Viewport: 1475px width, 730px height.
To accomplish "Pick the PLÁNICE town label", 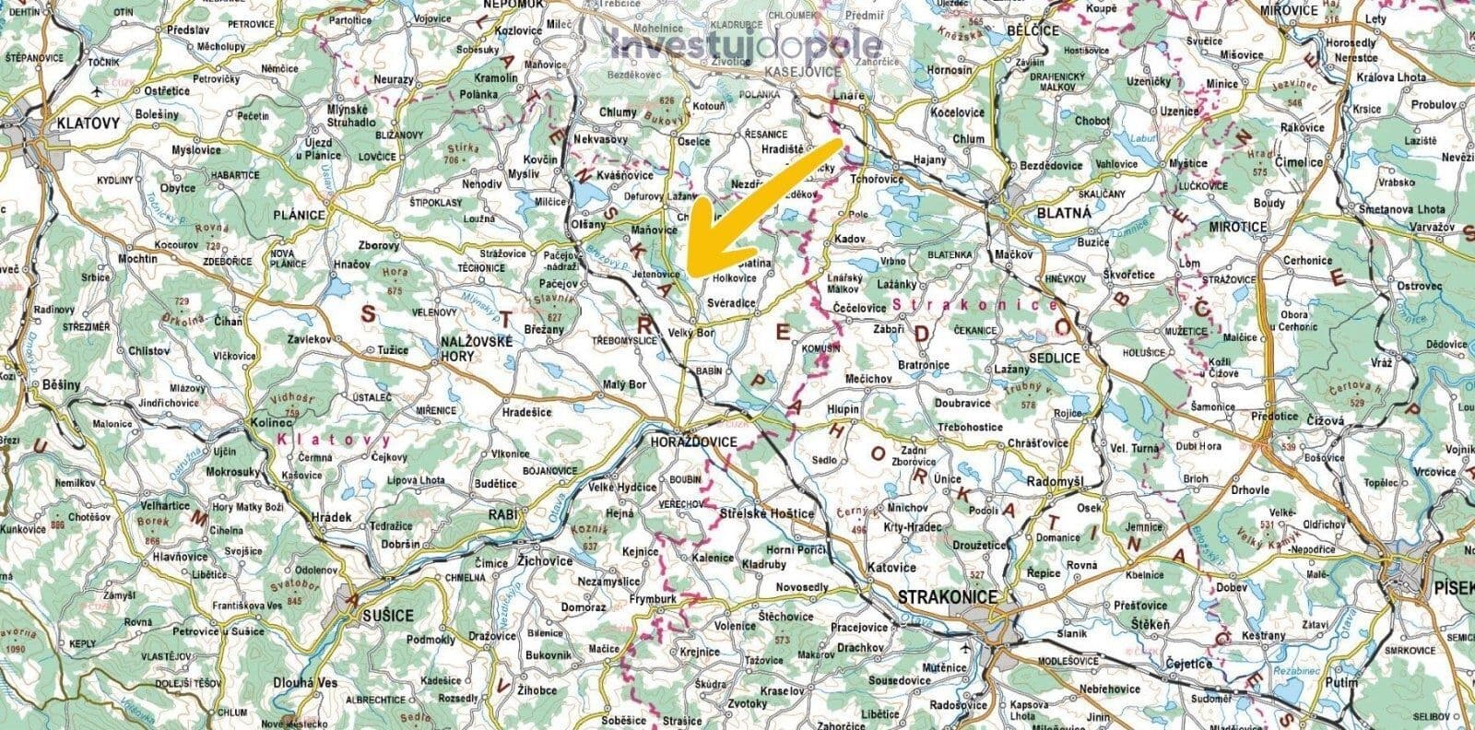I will coord(299,215).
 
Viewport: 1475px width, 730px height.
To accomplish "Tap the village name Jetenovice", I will coord(657,275).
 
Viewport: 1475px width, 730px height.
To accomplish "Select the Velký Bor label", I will coord(692,332).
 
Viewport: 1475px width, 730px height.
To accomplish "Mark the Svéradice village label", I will coord(732,302).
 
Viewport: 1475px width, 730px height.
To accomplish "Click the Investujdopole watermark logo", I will coord(747,45).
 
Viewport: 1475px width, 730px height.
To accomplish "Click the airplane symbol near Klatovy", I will coord(99,91).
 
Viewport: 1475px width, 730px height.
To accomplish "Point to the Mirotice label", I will coord(1236,227).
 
